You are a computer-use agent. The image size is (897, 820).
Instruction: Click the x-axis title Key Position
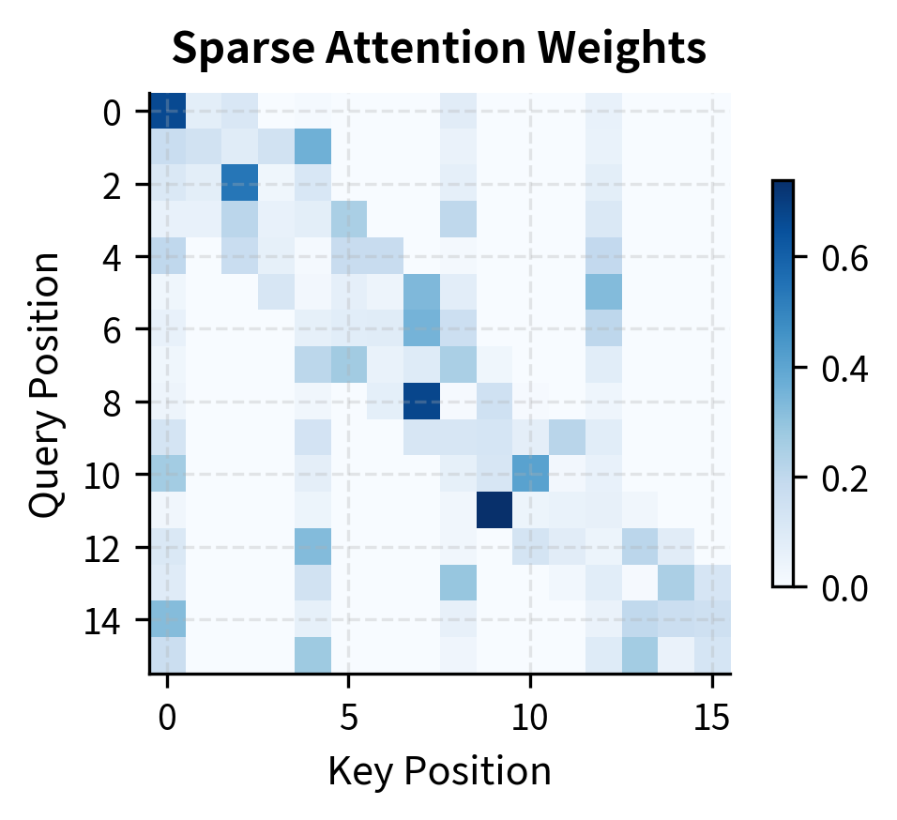[439, 771]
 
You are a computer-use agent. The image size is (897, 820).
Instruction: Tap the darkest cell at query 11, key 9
[494, 509]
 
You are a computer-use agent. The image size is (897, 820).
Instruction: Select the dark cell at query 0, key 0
[168, 111]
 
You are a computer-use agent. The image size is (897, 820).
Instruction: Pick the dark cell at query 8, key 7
[421, 401]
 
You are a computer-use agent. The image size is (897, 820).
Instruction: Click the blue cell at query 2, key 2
[240, 183]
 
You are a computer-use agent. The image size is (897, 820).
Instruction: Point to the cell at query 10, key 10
[530, 474]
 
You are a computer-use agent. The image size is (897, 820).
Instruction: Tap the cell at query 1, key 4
[312, 147]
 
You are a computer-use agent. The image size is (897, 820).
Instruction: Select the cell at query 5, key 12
[603, 292]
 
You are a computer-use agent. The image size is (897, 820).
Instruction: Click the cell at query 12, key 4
[312, 546]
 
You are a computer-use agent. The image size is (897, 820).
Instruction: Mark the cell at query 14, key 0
[168, 619]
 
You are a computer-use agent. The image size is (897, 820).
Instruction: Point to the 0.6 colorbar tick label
[844, 260]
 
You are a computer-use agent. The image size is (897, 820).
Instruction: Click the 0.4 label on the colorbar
[844, 369]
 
